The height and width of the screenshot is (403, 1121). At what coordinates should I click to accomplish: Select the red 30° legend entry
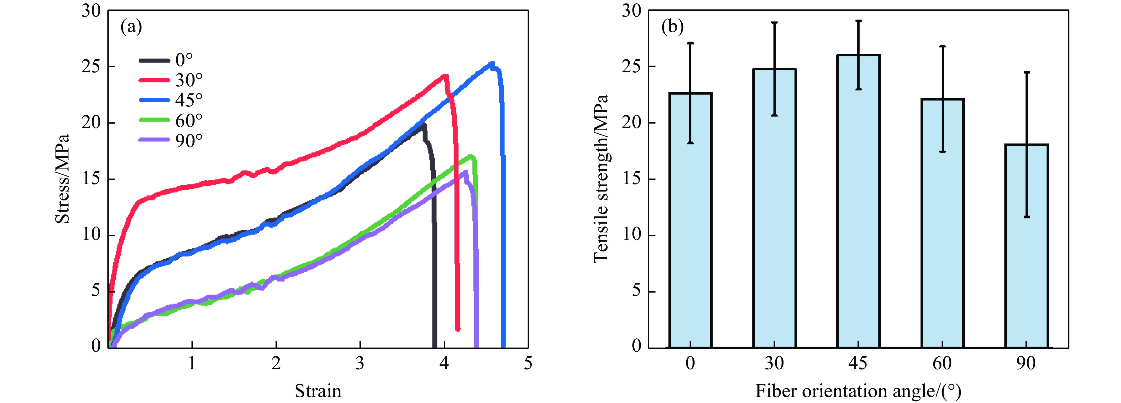pyautogui.click(x=170, y=80)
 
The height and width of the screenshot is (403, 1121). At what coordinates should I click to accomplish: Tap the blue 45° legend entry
pyautogui.click(x=170, y=100)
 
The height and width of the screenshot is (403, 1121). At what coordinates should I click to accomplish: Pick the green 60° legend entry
pyautogui.click(x=170, y=120)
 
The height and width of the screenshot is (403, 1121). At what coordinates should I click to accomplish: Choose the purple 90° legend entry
pyautogui.click(x=170, y=140)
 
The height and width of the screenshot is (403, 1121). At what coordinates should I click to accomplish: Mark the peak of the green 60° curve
pyautogui.click(x=470, y=156)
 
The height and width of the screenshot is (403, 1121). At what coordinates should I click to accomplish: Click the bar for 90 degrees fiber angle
pyautogui.click(x=1027, y=246)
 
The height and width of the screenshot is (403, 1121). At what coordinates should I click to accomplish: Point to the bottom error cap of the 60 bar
pyautogui.click(x=942, y=152)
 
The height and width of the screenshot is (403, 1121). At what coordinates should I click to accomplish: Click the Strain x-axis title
pyautogui.click(x=318, y=391)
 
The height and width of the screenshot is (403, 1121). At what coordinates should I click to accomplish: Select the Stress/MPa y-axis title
pyautogui.click(x=62, y=179)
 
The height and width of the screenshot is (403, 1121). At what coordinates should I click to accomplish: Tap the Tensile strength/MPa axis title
pyautogui.click(x=601, y=179)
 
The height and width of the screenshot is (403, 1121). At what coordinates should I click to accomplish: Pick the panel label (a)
pyautogui.click(x=131, y=27)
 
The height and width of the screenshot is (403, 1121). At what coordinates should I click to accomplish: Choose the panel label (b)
pyautogui.click(x=672, y=27)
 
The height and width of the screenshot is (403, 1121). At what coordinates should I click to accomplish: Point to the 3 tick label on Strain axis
pyautogui.click(x=360, y=363)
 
